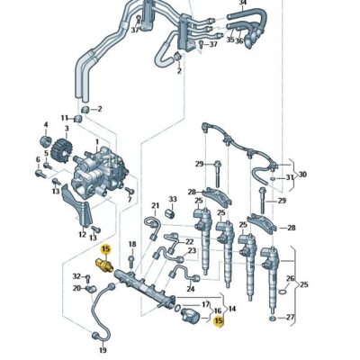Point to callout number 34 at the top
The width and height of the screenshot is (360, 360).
click(240, 4)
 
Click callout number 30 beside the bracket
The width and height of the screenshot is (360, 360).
click(302, 174)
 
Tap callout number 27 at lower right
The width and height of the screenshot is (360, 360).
click(290, 318)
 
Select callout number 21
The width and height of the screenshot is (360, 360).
click(155, 205)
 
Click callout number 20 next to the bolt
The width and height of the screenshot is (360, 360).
click(77, 288)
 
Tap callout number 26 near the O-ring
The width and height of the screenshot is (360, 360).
click(290, 279)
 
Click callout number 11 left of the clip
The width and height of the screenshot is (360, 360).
click(65, 117)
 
